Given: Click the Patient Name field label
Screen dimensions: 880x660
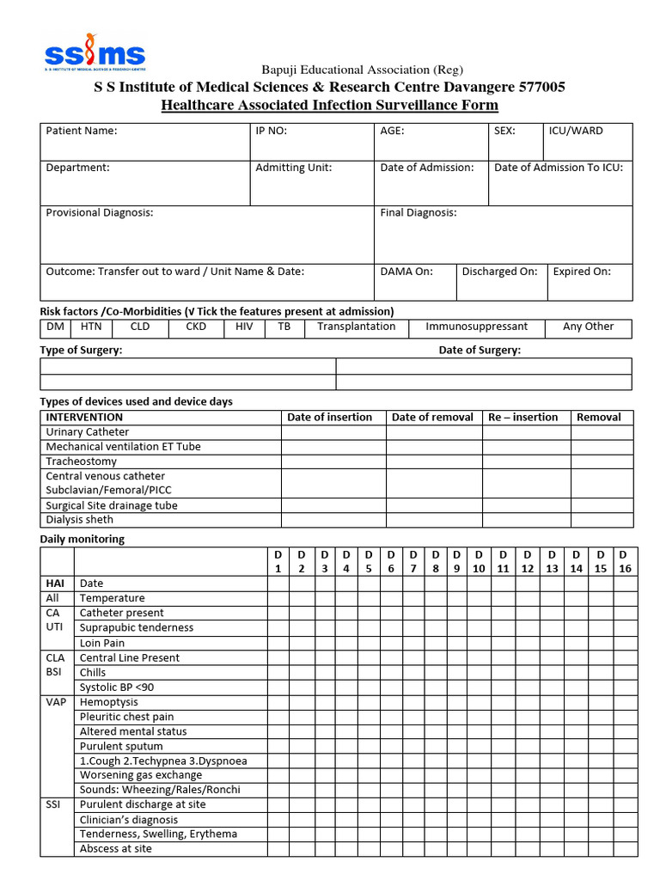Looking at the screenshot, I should point(82,131).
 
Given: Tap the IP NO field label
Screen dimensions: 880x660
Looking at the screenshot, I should point(272,131).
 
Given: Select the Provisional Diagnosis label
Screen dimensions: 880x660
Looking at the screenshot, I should point(100,212).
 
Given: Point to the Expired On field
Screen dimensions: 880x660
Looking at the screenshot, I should point(582,272).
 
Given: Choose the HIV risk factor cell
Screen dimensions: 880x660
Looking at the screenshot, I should point(244,327).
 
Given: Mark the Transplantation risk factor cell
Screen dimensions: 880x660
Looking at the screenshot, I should point(356,327).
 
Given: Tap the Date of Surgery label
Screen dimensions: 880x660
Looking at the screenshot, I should point(480,350).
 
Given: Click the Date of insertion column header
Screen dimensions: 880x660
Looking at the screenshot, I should point(330,417).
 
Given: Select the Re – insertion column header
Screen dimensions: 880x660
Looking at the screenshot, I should point(522,417).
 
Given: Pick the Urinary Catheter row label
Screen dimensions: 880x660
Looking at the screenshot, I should point(88,432).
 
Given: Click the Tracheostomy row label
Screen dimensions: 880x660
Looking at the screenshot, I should point(82,461).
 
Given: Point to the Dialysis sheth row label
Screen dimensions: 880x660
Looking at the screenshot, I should point(80,519).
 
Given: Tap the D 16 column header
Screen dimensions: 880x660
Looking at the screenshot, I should point(624,561).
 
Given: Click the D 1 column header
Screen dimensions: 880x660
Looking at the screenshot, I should point(278,561).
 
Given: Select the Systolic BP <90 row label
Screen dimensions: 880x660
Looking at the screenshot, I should point(117,687).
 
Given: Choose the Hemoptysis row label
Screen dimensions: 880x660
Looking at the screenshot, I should point(108,702).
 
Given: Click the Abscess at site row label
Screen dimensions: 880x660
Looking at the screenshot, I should point(116,848).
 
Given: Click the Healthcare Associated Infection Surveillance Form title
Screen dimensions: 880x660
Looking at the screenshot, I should point(329,106).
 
